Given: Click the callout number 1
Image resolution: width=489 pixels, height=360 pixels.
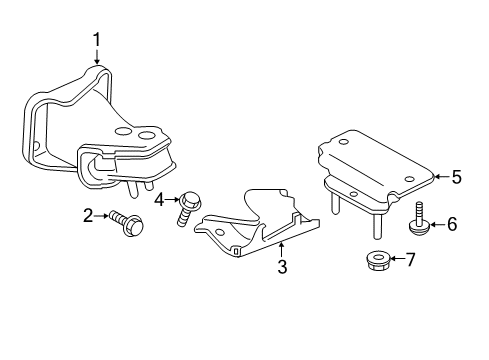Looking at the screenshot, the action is (96, 40).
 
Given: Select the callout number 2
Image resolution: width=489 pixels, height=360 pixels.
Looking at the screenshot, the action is (88, 216).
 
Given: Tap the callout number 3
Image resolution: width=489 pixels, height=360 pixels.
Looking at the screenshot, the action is (282, 267).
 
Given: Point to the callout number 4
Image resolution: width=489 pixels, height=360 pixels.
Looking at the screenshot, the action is (159, 200).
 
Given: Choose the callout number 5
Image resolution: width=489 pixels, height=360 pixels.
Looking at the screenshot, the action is (457, 177).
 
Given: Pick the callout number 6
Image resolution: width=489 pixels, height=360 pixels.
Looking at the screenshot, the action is (452, 224).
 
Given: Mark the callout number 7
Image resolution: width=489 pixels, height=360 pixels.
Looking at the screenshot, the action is (410, 259).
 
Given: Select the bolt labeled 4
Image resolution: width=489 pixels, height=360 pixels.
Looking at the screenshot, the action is (188, 208).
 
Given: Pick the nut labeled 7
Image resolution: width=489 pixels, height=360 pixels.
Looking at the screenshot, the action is (378, 261).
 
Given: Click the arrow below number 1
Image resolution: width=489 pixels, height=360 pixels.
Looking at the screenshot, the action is (97, 57).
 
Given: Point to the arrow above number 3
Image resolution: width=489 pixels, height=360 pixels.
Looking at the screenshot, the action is (282, 250).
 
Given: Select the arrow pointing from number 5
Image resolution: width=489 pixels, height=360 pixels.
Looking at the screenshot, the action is (442, 177).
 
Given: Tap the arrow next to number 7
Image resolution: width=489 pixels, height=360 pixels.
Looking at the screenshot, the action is (397, 259).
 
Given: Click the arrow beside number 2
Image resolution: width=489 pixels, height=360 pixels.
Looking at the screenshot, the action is (101, 216).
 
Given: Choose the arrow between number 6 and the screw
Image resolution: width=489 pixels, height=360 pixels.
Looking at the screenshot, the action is (438, 224).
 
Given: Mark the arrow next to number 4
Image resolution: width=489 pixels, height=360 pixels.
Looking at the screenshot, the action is (172, 200).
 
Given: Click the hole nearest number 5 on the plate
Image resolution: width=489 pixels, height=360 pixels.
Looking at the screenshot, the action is (410, 179).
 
